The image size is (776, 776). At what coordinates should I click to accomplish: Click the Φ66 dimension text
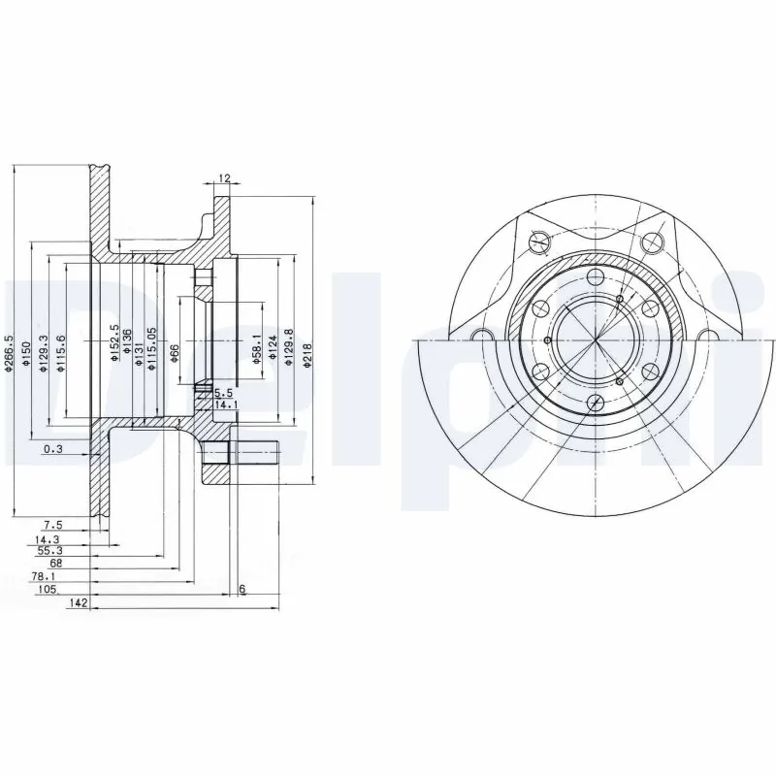click(175, 351)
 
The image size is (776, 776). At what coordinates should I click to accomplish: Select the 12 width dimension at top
click(224, 178)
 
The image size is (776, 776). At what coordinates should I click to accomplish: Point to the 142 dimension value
click(80, 603)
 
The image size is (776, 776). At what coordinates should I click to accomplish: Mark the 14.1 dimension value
click(224, 404)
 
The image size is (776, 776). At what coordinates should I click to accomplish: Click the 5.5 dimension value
click(222, 393)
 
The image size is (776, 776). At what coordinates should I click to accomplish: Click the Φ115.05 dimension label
click(151, 346)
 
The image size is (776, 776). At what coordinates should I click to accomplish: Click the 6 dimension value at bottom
click(242, 590)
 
